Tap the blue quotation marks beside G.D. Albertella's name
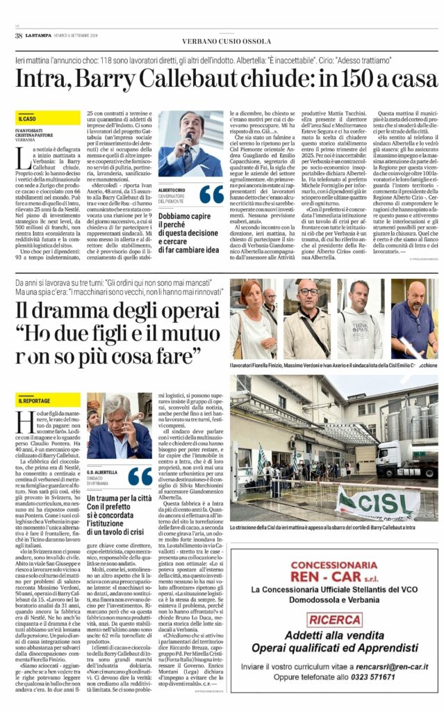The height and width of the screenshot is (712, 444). click(140, 476)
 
